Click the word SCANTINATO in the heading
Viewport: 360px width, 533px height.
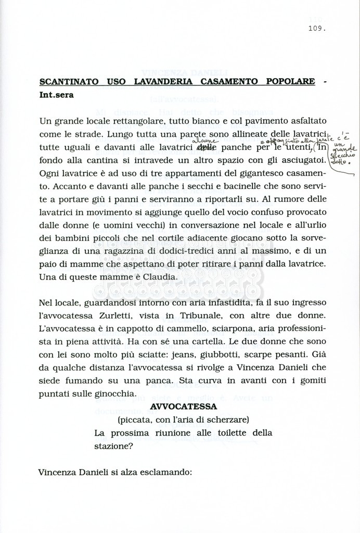[x=67, y=82]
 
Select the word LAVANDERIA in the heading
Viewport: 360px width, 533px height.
[x=162, y=82]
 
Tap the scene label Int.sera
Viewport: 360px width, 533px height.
[x=57, y=95]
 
